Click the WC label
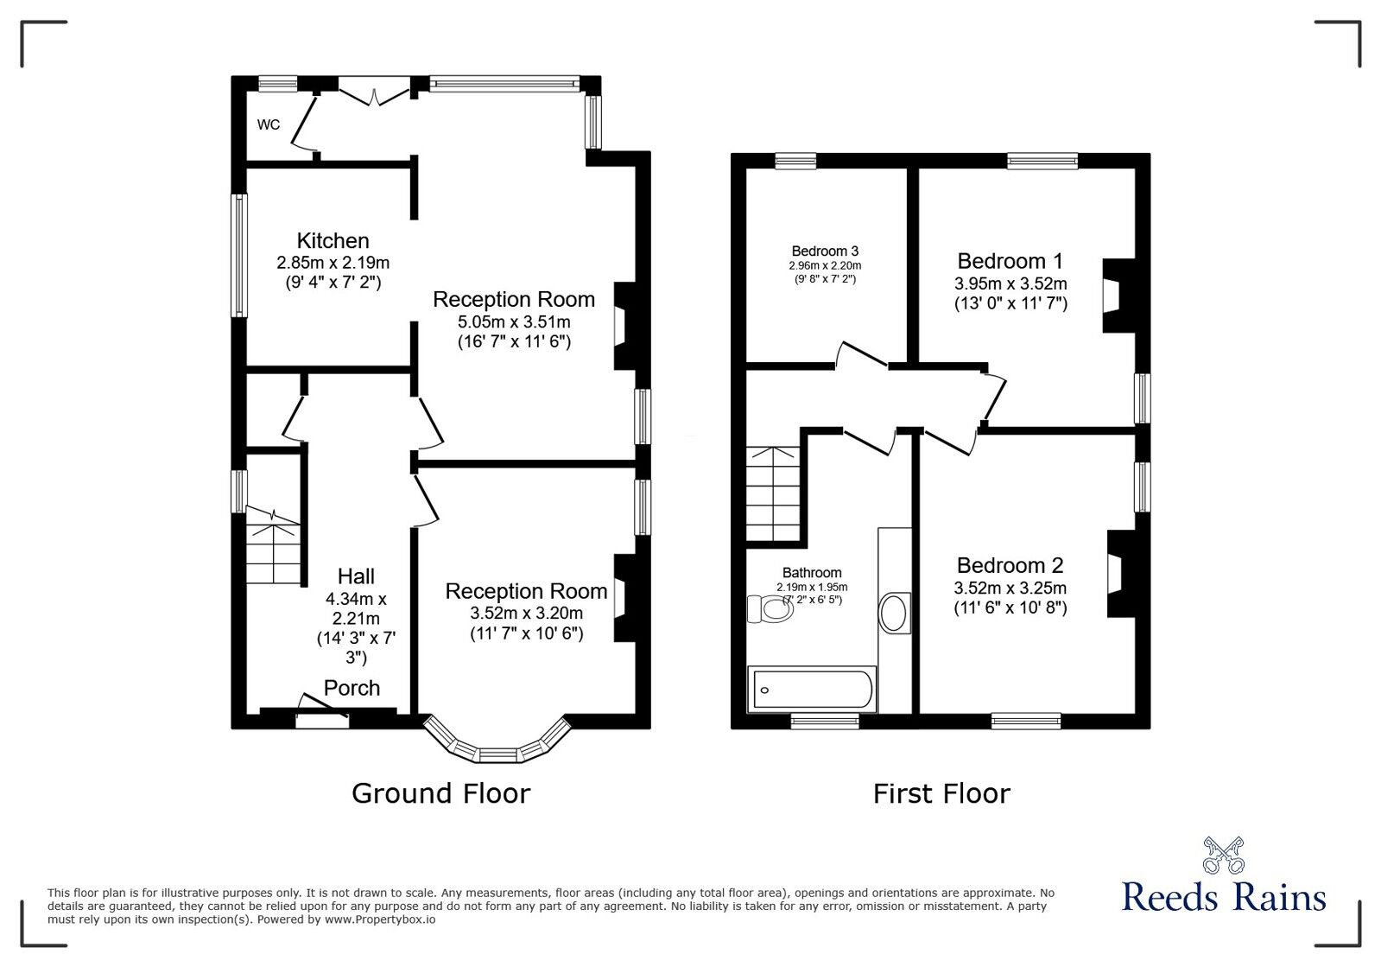coord(269,124)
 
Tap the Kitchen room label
coord(333,241)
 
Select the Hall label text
coord(356,576)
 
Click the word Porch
coord(352,688)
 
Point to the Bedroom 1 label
coord(1010,261)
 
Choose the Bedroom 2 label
coord(1010,565)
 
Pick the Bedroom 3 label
coord(824,251)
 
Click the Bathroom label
coord(812,572)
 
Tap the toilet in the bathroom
coord(771,610)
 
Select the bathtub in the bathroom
coord(812,690)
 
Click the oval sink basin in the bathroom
coord(894,614)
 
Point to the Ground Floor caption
coord(440,793)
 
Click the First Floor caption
coord(941,793)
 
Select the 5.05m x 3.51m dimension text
coord(514,322)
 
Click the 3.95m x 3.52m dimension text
coord(1010,283)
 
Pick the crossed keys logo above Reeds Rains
coord(1223,855)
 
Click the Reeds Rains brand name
coord(1223,897)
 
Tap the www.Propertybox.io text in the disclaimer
coord(380,919)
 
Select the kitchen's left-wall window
coord(238,255)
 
